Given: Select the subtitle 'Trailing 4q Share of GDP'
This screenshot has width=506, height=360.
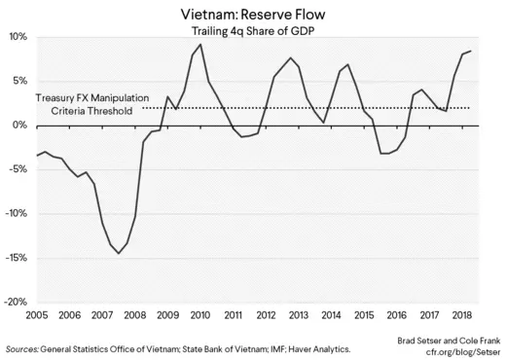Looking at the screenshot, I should [252, 32].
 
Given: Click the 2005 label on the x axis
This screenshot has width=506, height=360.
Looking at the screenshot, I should [37, 316].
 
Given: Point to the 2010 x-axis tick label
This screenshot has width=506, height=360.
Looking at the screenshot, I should [199, 316].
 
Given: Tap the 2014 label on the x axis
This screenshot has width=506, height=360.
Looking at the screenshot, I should [330, 316].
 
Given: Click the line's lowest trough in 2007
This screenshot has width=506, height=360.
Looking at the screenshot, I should [119, 253].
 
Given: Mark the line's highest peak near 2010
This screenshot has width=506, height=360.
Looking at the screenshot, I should [200, 45].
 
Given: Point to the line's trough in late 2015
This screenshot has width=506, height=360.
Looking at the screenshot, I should [384, 154].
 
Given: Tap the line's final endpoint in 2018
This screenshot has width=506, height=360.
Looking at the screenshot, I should [471, 51].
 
